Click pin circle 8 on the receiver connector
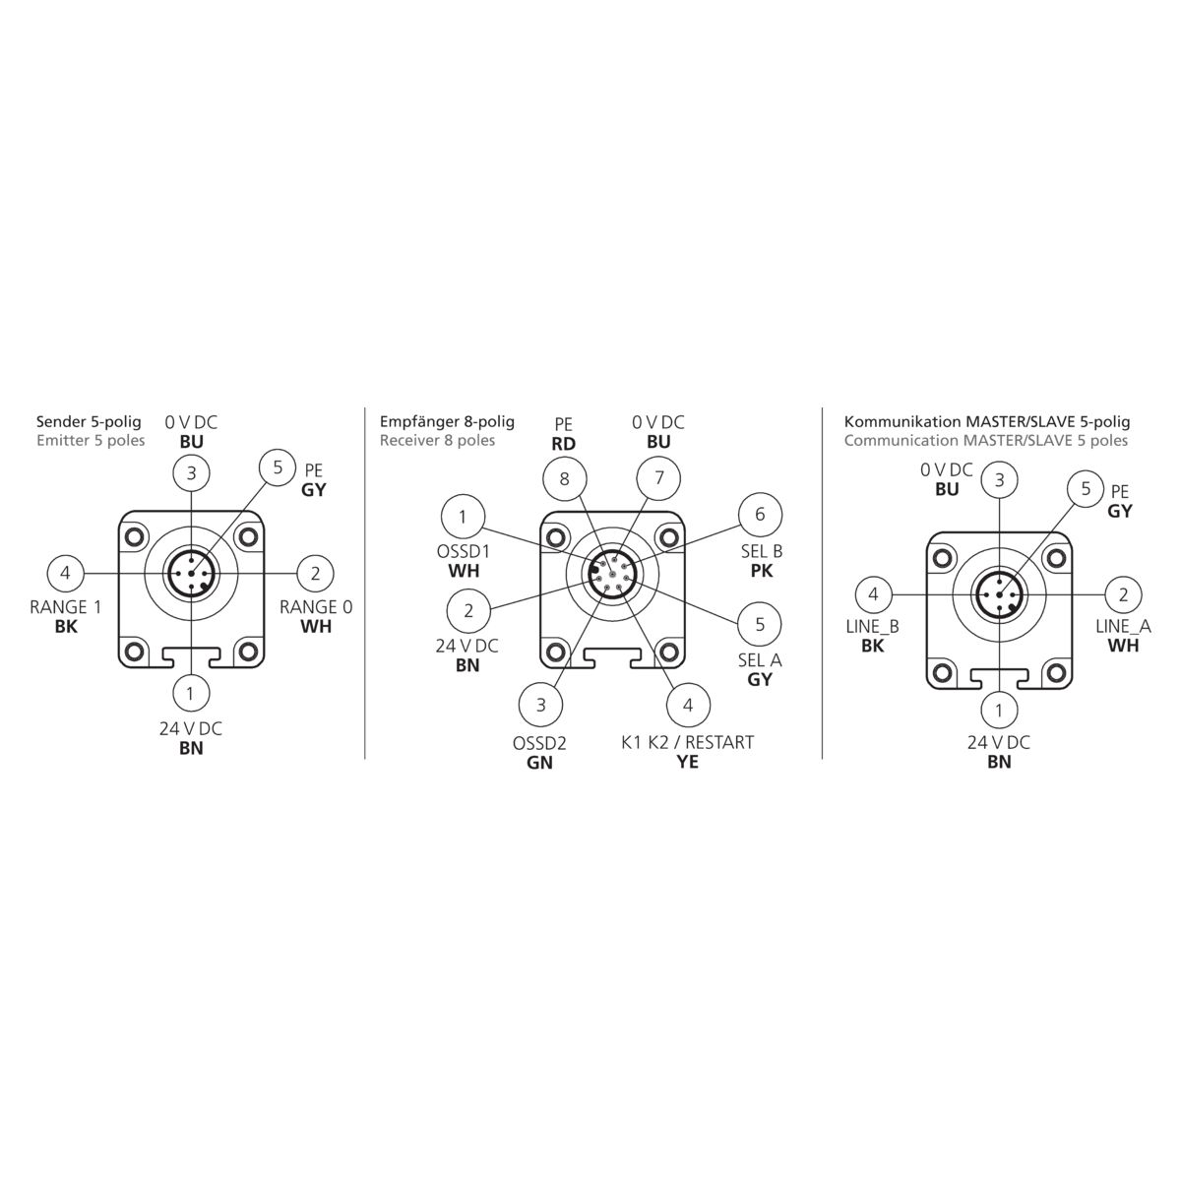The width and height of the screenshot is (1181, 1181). tap(565, 478)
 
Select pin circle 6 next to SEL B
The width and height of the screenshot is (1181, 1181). tap(760, 514)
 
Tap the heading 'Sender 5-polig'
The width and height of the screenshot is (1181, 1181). tap(89, 421)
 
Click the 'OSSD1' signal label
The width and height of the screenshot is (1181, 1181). tap(464, 551)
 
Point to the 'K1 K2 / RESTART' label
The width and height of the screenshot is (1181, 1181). tap(688, 742)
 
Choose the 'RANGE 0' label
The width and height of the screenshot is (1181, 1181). tap(316, 607)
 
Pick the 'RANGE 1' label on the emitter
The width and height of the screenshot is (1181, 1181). tap(66, 607)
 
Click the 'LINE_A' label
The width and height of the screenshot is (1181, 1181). tap(1123, 626)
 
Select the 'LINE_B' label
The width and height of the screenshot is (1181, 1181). tap(873, 626)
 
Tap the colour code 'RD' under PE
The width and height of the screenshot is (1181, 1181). tap(563, 444)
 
